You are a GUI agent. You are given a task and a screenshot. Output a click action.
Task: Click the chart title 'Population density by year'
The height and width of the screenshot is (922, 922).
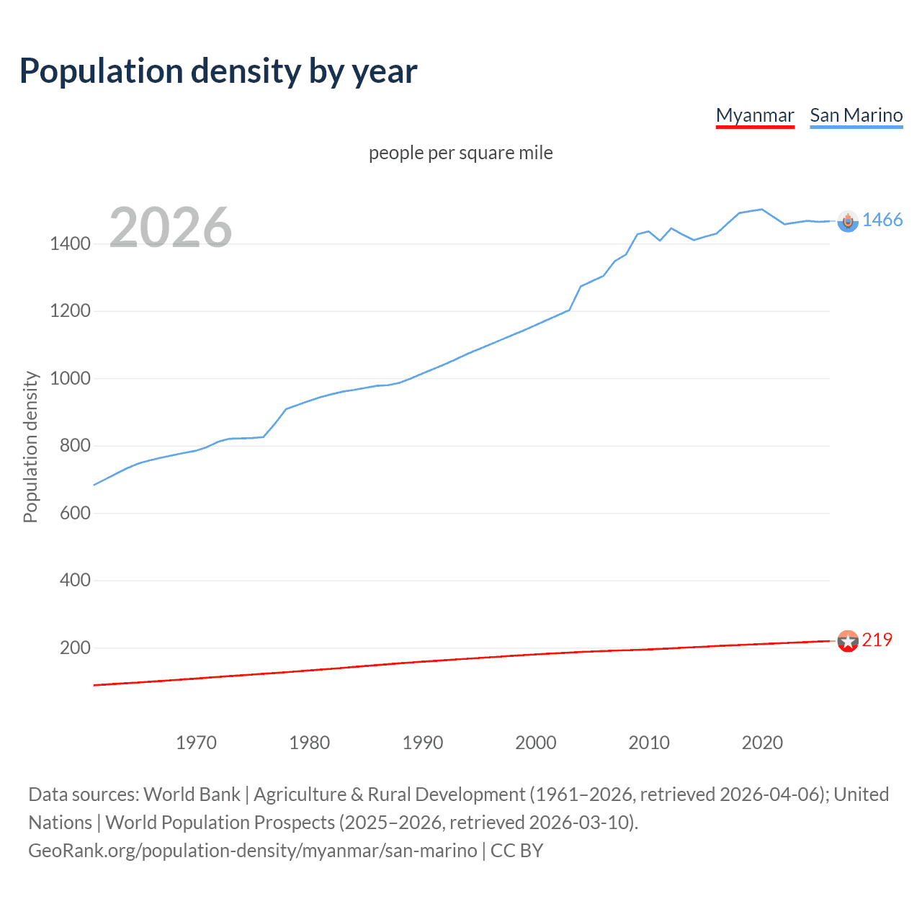click(x=218, y=71)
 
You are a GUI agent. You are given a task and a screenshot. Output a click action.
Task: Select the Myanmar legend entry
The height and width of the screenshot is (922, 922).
click(x=754, y=116)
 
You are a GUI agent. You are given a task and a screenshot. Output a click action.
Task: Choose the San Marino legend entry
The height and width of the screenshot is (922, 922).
click(x=856, y=116)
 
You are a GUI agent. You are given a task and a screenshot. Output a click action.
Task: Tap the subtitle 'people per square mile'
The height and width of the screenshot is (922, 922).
click(x=460, y=153)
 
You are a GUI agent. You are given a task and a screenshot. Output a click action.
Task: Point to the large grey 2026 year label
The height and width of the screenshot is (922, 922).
click(x=171, y=228)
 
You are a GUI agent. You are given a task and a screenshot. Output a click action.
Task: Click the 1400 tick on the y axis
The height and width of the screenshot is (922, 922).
click(x=70, y=244)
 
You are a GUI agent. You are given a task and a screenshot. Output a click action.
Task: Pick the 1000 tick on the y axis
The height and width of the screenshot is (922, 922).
click(x=70, y=379)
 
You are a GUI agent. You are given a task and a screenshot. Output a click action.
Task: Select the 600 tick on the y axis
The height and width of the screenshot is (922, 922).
click(x=75, y=514)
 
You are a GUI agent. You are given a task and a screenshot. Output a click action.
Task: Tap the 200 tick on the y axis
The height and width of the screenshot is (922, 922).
click(x=75, y=648)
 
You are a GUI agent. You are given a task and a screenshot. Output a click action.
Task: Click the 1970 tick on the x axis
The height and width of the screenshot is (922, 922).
click(x=196, y=743)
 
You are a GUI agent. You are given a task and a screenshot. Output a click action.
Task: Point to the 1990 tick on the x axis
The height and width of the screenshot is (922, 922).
click(x=423, y=743)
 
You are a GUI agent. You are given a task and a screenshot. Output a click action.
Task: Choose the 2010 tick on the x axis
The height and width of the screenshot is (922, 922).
click(x=649, y=743)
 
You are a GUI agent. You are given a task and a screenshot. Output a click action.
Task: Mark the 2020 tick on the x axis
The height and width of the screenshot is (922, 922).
click(x=762, y=743)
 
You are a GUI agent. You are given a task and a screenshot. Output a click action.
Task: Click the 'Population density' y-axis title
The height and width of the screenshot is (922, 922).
click(x=30, y=447)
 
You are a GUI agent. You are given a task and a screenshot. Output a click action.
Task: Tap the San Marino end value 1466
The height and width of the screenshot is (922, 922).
click(x=882, y=220)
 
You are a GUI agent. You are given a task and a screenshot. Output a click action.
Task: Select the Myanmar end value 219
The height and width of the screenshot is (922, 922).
click(x=877, y=640)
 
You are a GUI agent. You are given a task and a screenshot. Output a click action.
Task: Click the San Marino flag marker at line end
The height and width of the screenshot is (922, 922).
click(x=848, y=222)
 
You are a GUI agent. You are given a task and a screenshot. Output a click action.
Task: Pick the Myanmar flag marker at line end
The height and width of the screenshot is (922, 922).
click(x=848, y=641)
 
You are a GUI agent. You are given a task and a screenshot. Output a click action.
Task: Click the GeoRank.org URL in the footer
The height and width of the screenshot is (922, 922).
click(x=252, y=851)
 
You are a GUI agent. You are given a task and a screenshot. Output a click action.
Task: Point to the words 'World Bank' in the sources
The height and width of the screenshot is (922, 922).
click(x=192, y=795)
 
